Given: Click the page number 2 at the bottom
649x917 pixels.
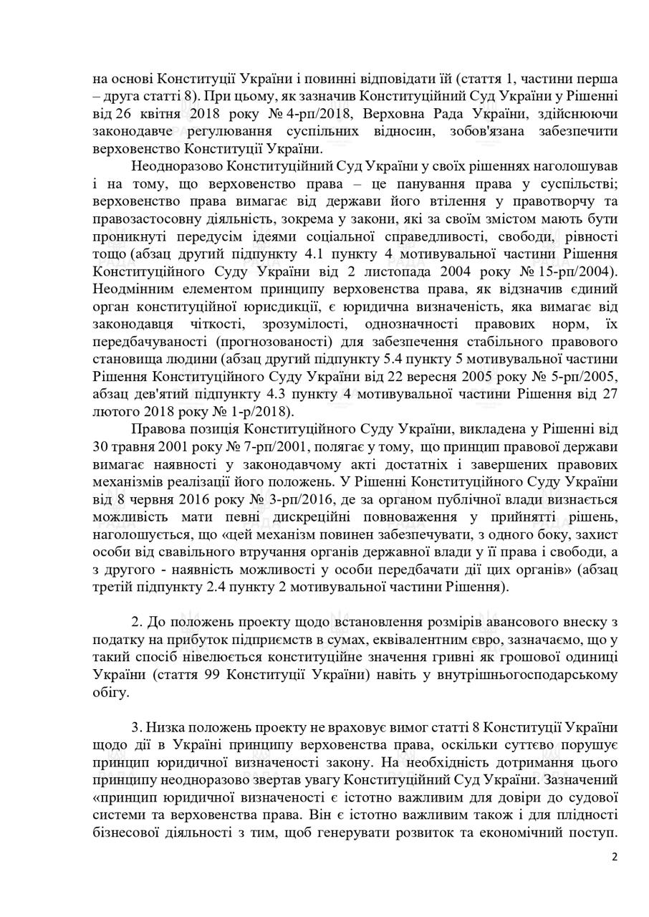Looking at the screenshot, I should pos(614,856).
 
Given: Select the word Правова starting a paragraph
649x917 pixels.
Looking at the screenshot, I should pos(158,428).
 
